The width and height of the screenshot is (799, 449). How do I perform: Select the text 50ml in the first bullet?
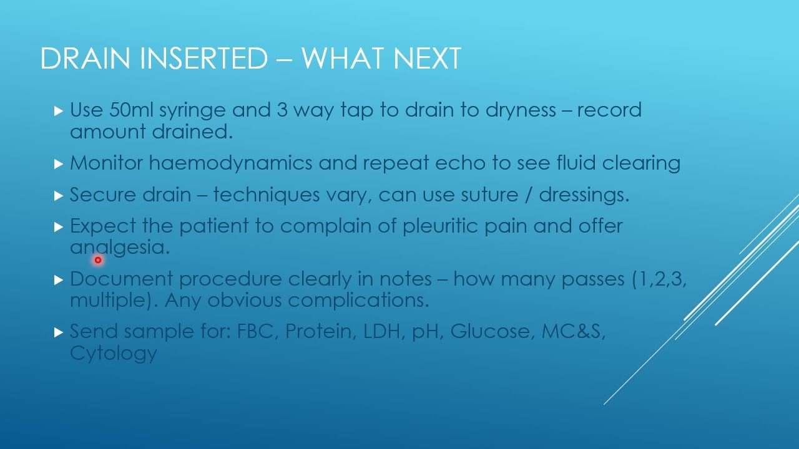(131, 110)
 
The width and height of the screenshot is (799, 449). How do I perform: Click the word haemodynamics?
(231, 163)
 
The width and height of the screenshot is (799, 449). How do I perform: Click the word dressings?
(584, 195)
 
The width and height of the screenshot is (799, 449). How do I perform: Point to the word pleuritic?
(441, 226)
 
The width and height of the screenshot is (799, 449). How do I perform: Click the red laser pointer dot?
(98, 260)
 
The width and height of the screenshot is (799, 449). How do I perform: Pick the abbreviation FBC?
(256, 332)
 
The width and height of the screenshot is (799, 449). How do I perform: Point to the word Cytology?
(113, 354)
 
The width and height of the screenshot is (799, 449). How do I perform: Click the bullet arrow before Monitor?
(59, 164)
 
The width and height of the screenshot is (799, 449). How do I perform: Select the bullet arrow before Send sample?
(59, 332)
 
